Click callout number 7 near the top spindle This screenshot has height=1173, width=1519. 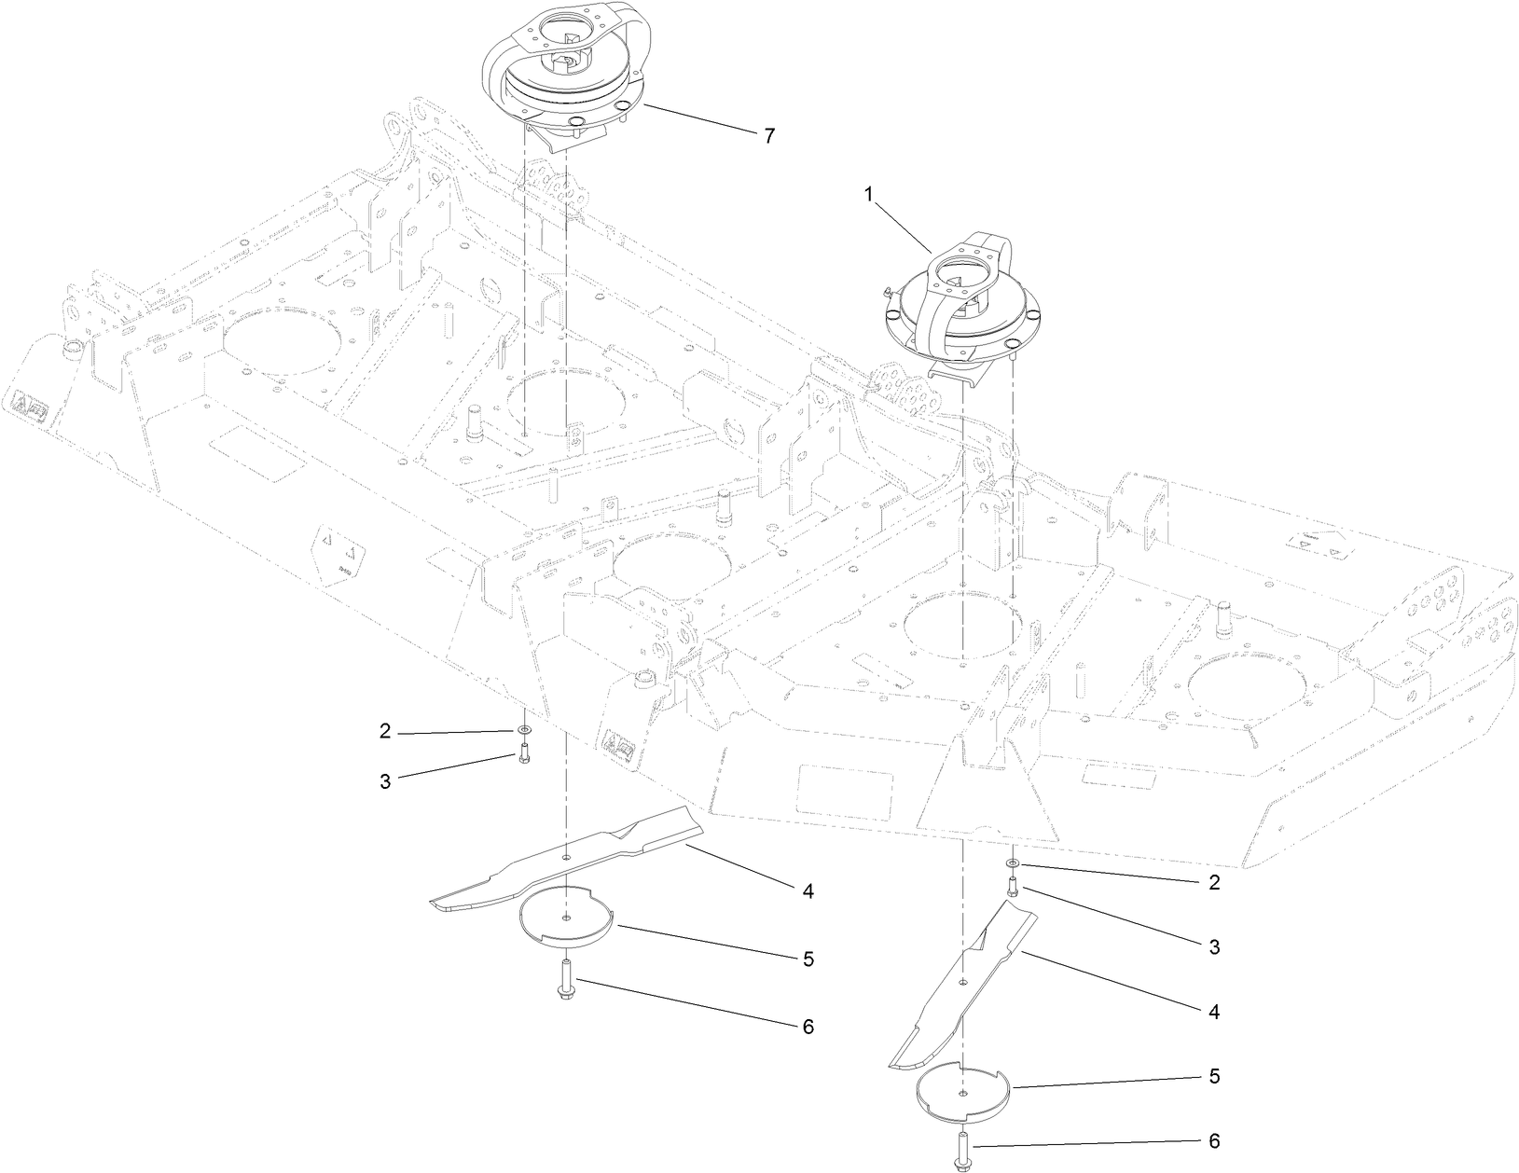pos(768,136)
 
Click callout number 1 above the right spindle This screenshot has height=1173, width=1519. pos(868,196)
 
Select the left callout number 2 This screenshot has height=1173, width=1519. pos(385,731)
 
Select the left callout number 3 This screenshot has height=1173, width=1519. pos(385,781)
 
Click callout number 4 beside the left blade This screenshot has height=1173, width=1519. pos(808,891)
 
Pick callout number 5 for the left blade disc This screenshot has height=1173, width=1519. pos(808,959)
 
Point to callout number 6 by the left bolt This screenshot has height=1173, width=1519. pos(808,1027)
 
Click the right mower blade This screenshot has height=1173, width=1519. pos(960,988)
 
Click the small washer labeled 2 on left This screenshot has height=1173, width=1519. pos(524,728)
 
